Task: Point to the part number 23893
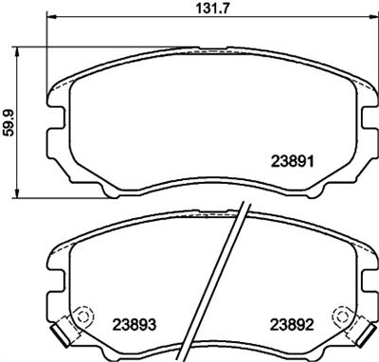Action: coord(135,322)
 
